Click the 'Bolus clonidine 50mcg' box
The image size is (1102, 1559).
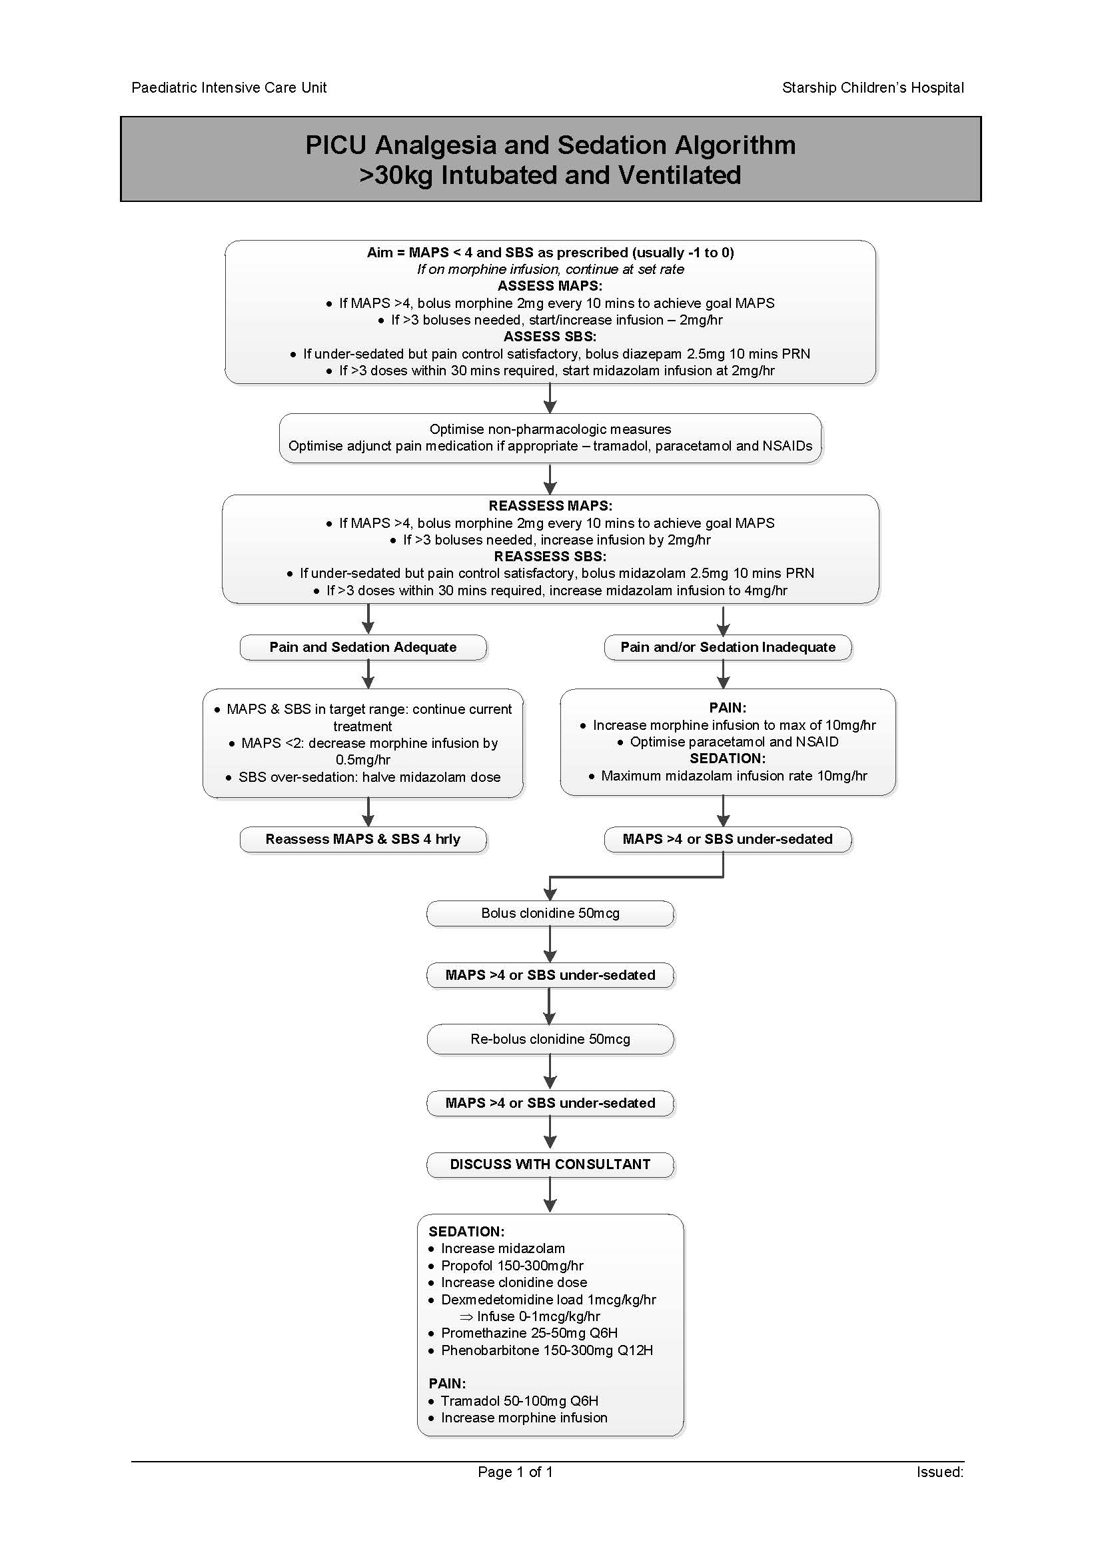click(x=550, y=913)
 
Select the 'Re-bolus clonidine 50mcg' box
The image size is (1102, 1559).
click(x=550, y=1039)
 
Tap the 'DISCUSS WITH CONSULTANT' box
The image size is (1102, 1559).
click(x=550, y=1164)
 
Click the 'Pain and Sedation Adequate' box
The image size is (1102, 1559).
click(x=363, y=647)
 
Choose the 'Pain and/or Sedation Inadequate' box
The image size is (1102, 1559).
click(x=728, y=647)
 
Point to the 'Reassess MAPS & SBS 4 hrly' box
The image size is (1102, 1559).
click(x=363, y=839)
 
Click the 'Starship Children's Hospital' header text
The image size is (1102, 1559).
click(x=873, y=87)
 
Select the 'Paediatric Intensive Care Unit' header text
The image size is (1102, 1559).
click(x=229, y=87)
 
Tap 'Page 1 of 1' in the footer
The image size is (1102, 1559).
click(x=515, y=1472)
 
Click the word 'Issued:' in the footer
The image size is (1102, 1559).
click(x=940, y=1472)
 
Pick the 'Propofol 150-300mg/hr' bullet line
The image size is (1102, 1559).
click(x=512, y=1266)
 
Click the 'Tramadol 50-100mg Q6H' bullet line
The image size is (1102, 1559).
click(x=519, y=1401)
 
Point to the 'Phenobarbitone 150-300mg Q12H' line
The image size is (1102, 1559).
click(x=546, y=1350)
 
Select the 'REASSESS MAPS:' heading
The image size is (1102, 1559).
click(x=550, y=506)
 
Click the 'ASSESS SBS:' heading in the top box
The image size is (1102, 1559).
click(x=550, y=337)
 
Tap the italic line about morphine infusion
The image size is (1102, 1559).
click(x=550, y=269)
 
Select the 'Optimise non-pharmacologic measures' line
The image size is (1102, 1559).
click(x=550, y=429)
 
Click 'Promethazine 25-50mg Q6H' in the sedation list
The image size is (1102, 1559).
click(x=528, y=1333)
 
